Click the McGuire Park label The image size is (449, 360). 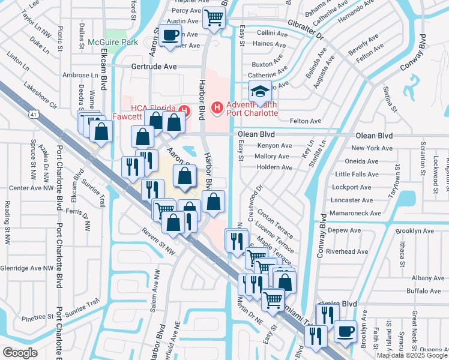112,42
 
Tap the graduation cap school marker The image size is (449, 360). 260,92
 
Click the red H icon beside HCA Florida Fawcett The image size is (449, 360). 184,111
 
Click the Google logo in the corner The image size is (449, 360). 20,352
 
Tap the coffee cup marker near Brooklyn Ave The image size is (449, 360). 345,331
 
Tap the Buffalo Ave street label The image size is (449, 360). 424,291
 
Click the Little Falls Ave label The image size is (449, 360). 357,175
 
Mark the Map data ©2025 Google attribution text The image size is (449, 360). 412,355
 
